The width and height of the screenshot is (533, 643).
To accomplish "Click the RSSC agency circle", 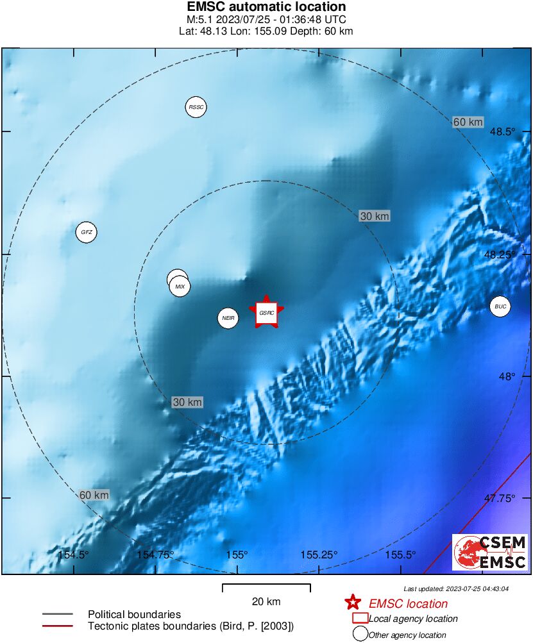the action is pos(196,107).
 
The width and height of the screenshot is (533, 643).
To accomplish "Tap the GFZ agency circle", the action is pos(86,232).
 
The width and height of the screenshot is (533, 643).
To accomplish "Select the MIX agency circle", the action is pos(180,287).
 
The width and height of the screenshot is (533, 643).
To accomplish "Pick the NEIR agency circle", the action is pos(228,317).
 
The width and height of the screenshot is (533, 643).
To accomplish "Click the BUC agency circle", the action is pos(501,307).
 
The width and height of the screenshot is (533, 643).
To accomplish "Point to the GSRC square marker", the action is pos(267,313).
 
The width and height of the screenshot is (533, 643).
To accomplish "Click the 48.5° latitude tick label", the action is pos(503,131).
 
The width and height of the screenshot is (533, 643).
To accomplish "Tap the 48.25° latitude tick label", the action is pos(500,255).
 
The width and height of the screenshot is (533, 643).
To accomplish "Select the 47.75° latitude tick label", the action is pos(500,498).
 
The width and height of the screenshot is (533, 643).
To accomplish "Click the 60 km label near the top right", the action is pos(468,122).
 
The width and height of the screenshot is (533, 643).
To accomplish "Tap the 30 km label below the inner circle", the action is pos(188,402).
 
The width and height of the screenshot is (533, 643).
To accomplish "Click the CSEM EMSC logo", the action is pos(490,553).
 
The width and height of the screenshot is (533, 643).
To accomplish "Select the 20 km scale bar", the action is pos(266,588).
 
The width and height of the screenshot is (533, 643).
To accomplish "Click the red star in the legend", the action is pos(352,603).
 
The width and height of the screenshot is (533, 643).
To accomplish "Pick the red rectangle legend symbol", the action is pos(360,618).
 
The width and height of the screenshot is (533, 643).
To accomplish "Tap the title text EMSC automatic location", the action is pos(266,7).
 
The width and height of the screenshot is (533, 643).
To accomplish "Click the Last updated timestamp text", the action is pos(456,589).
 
